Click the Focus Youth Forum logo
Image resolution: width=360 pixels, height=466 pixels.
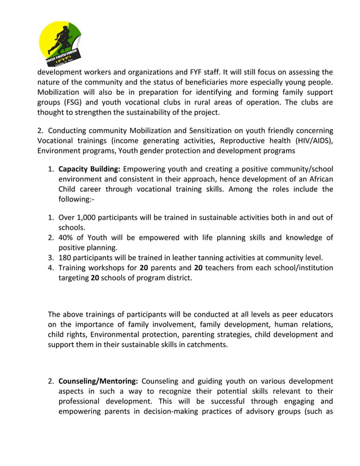tap(60, 43)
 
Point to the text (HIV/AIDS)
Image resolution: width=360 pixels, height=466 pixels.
tap(313, 141)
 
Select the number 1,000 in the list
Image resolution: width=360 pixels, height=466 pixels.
tap(86, 217)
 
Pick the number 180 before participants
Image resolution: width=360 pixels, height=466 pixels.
tap(65, 257)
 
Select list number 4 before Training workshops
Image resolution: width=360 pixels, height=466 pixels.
tap(50, 267)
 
